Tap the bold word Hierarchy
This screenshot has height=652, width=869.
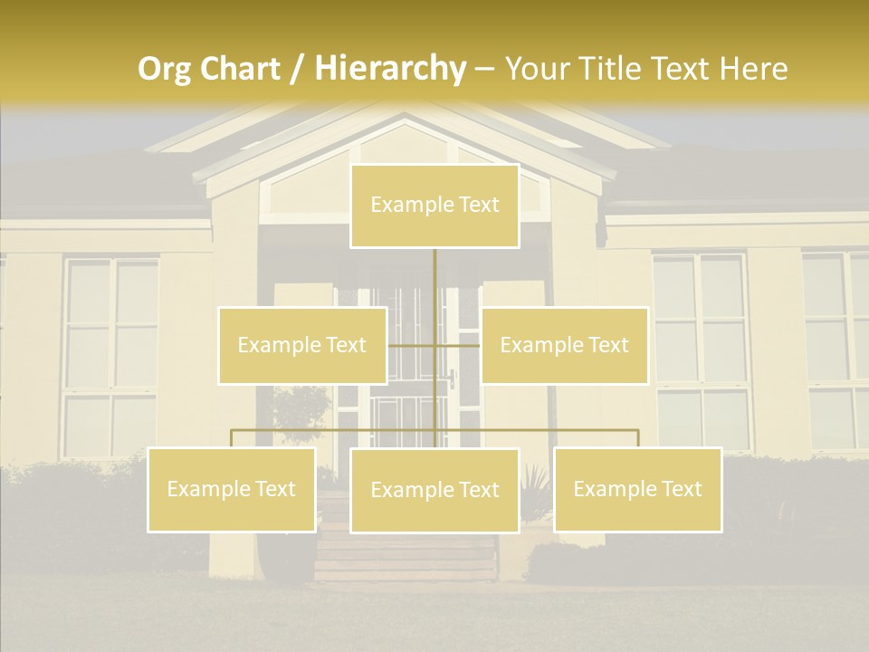(x=390, y=69)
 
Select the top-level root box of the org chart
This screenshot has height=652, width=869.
(x=434, y=206)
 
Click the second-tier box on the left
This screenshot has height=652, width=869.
(x=302, y=345)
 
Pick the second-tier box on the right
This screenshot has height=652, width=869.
(x=565, y=345)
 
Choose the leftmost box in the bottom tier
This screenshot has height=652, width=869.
(x=232, y=489)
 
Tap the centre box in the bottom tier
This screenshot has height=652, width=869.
(x=434, y=490)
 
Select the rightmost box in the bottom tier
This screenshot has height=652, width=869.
(x=637, y=489)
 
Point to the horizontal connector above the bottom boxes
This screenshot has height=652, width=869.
(x=335, y=430)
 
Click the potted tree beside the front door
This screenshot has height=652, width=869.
(x=301, y=412)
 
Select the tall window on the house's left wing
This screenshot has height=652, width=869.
(x=111, y=358)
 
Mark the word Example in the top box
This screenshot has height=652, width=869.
(x=404, y=206)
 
